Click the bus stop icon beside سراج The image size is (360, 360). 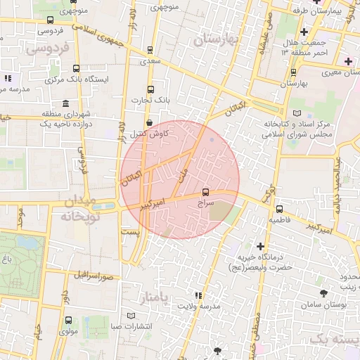coord(205,191)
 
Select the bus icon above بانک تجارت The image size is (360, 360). coord(150,89)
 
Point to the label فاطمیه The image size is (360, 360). coord(281,219)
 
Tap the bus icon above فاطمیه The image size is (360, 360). coord(280,209)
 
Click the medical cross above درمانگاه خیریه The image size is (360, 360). coord(261,246)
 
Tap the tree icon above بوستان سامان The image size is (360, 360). coord(324,292)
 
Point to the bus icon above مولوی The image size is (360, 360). coord(68,320)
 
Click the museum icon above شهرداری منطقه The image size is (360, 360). coord(65,103)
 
